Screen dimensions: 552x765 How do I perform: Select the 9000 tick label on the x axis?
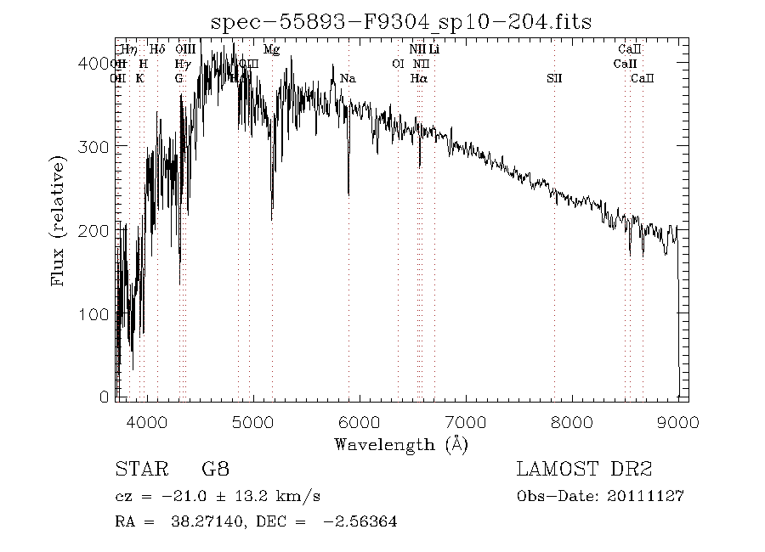click(677, 422)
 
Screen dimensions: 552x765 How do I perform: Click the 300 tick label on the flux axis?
click(95, 147)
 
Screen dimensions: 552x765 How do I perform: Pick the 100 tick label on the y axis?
click(95, 314)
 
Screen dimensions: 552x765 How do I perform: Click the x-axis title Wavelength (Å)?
click(401, 444)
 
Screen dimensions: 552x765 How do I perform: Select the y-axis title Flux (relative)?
click(59, 220)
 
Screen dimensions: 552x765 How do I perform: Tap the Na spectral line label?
click(348, 79)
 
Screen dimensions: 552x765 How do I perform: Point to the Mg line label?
click(271, 50)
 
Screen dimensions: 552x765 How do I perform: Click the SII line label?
click(554, 79)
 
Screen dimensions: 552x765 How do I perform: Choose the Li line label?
click(434, 50)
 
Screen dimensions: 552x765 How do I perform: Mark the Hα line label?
click(418, 79)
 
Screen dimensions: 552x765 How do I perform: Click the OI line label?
click(397, 65)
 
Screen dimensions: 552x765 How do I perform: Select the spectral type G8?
click(215, 469)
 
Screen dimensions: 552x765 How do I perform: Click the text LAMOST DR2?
click(584, 469)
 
